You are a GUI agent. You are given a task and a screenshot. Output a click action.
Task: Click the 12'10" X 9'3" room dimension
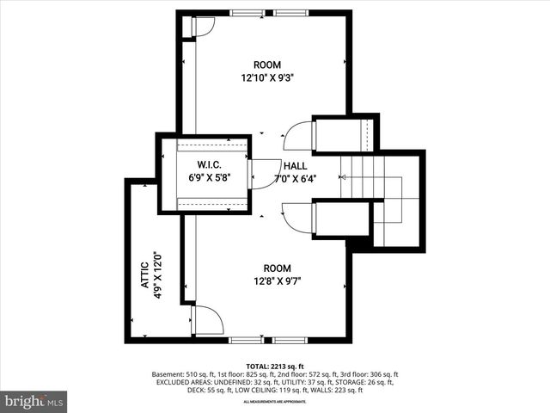(268, 77)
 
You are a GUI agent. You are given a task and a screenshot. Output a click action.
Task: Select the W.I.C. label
(211, 165)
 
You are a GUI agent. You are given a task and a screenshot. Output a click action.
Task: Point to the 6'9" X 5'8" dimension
(211, 178)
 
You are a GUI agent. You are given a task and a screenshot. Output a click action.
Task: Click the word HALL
(295, 165)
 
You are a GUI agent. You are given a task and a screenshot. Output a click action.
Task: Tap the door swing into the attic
(207, 319)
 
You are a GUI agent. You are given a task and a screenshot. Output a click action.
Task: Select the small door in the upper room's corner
(200, 28)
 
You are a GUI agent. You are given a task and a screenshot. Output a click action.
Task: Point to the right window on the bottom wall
(290, 341)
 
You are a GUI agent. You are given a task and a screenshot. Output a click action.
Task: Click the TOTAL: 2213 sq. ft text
(277, 366)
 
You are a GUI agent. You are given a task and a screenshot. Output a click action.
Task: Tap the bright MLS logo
(34, 401)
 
